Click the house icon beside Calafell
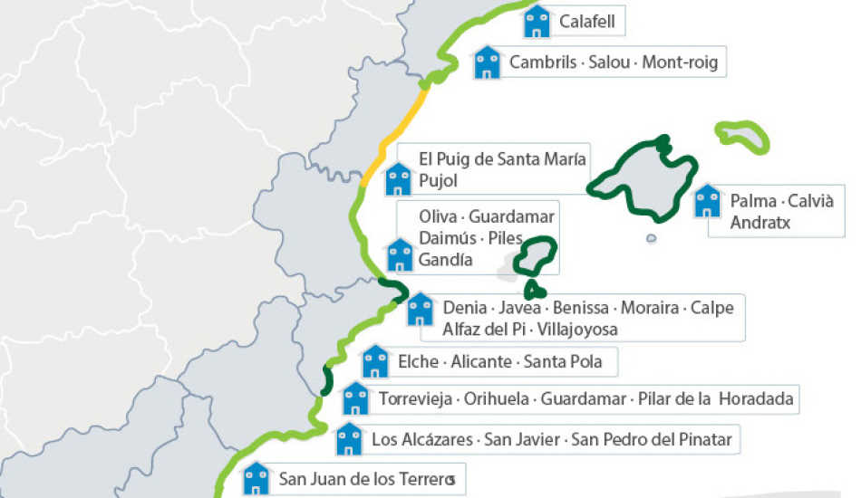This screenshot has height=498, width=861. click(x=537, y=21)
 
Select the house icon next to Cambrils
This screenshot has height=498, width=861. click(x=488, y=62)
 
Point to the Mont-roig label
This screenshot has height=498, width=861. click(x=679, y=62)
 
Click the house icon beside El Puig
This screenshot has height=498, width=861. click(x=398, y=179)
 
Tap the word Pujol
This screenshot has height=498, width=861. click(x=439, y=181)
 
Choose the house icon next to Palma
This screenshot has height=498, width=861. click(x=707, y=201)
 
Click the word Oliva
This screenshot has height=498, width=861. click(x=439, y=217)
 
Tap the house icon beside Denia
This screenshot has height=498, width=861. click(x=420, y=309)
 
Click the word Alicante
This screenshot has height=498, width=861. click(x=482, y=363)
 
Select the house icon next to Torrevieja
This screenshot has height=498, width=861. click(x=355, y=397)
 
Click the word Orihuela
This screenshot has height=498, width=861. click(x=498, y=398)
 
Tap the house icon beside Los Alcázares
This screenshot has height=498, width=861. click(x=349, y=439)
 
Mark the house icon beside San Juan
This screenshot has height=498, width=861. click(x=256, y=477)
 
